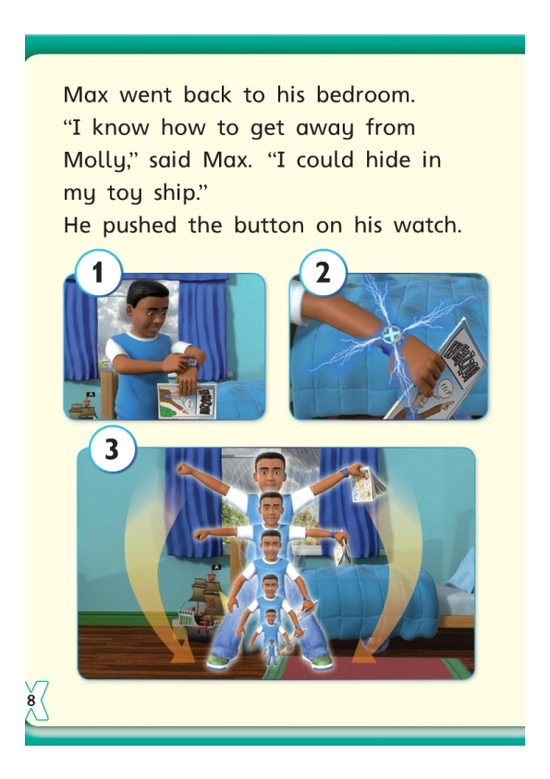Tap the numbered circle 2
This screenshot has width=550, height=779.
click(323, 275)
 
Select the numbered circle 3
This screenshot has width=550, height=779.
click(112, 451)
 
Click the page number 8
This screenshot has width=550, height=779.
click(31, 700)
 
